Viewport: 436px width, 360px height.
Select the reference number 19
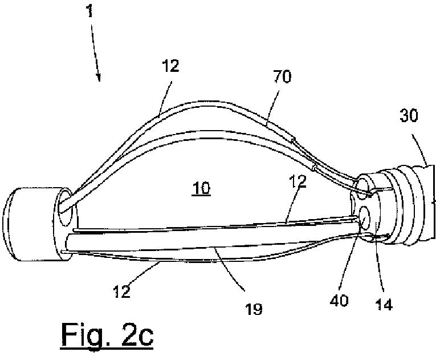click(254, 309)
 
